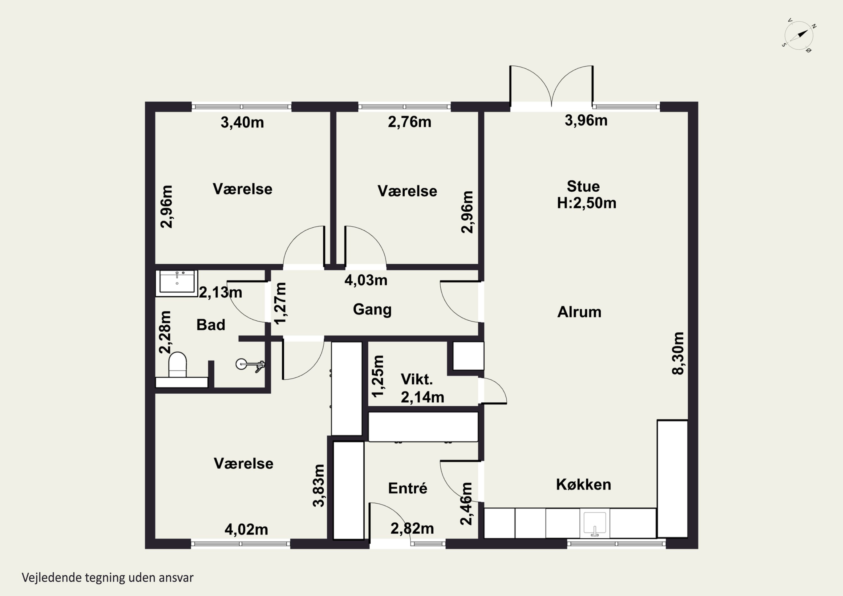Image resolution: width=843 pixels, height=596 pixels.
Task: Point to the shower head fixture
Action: point(250,365)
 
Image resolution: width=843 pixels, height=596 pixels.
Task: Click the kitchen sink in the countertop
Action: point(594,523)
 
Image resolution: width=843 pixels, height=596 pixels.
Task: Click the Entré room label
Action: point(407,488)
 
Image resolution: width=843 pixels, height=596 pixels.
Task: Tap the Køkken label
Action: point(583,485)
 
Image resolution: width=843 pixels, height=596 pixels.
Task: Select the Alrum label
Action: point(579,312)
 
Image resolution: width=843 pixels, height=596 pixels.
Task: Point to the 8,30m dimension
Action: point(678,353)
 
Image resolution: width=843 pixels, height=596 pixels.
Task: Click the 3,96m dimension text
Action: point(586,121)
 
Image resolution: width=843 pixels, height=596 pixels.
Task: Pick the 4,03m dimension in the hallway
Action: point(366,280)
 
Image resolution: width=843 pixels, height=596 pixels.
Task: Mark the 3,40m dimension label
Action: point(242,122)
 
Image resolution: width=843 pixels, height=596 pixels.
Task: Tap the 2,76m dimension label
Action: point(409,122)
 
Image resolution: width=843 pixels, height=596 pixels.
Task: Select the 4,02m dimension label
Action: point(246,529)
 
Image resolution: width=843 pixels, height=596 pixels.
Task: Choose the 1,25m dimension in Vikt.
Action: point(378,377)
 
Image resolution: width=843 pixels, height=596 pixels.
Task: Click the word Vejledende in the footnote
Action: point(52,578)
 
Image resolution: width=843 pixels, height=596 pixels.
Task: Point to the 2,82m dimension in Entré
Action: point(412,529)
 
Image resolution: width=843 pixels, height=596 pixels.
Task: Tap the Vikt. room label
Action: point(417,379)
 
